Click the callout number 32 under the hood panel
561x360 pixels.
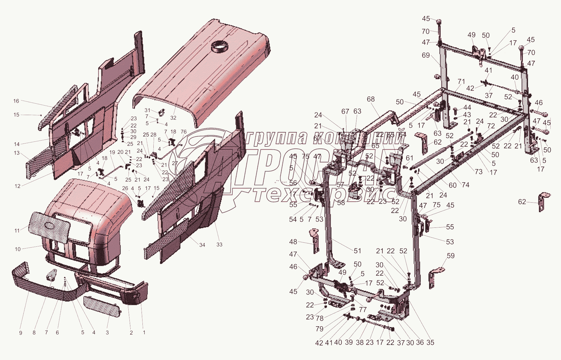173,118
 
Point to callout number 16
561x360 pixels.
16,101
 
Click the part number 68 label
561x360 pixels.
371,99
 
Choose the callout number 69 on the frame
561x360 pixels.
426,55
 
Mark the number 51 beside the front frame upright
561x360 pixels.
358,251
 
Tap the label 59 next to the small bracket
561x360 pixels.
450,256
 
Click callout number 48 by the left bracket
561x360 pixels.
293,242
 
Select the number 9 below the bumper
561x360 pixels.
21,333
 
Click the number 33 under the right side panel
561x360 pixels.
219,245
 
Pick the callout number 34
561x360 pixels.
202,245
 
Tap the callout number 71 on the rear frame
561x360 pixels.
461,81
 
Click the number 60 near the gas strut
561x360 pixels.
453,185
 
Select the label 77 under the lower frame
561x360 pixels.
363,309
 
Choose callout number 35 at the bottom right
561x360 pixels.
430,342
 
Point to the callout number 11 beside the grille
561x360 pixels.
17,231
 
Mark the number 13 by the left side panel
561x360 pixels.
17,153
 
